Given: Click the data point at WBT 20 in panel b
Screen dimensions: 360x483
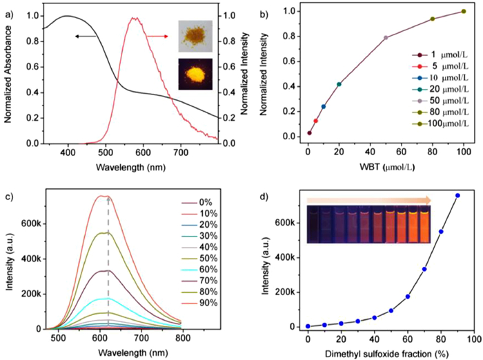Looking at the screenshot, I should pyautogui.click(x=339, y=84).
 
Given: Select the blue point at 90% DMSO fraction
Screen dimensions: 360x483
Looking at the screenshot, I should pyautogui.click(x=457, y=196).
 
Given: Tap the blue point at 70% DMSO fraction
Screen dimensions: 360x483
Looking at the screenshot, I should pyautogui.click(x=424, y=269).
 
